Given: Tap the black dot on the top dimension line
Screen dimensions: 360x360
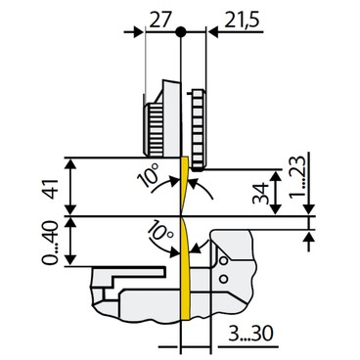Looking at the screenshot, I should point(181,31).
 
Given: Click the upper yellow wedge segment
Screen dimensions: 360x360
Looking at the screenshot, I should point(182,186).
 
